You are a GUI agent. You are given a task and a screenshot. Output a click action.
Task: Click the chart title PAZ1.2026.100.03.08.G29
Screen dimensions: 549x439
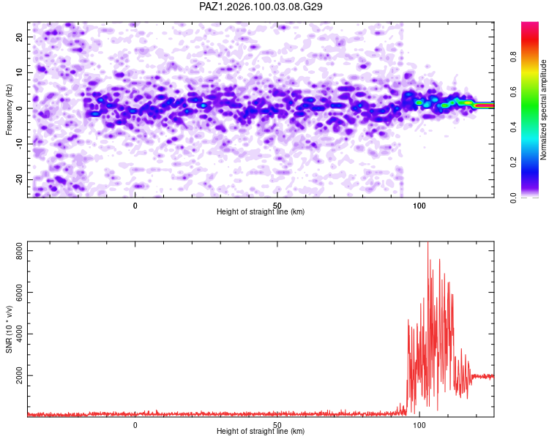(x=261, y=7)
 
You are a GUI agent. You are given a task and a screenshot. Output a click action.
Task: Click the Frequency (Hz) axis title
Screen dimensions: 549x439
(x=9, y=110)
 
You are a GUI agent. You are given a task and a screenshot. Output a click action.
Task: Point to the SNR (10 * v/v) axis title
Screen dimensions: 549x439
(x=9, y=329)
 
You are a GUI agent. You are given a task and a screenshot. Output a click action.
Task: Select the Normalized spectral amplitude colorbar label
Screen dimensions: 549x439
(x=543, y=110)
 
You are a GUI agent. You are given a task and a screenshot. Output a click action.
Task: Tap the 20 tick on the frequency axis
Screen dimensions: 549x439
(x=19, y=37)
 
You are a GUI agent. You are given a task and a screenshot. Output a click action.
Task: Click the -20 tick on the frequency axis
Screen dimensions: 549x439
(x=19, y=180)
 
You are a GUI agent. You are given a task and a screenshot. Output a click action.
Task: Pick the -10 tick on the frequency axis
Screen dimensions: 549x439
(x=19, y=144)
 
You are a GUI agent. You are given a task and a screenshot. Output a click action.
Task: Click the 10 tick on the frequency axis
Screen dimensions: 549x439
(x=19, y=73)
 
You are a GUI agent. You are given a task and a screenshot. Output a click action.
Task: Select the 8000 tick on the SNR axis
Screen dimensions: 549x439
(x=19, y=251)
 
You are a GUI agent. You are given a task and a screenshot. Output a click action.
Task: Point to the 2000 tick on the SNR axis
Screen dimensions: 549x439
(x=19, y=375)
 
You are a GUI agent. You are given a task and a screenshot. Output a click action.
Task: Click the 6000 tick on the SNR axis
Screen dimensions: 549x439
(x=19, y=293)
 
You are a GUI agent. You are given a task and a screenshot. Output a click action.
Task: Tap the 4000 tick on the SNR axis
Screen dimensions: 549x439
(x=19, y=334)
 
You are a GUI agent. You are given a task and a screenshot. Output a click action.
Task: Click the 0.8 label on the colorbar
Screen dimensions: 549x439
(x=513, y=57)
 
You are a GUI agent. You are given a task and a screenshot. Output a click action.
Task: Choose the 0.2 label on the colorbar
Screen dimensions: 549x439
(x=513, y=162)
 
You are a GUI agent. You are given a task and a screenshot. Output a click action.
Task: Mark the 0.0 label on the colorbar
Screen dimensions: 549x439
(x=513, y=198)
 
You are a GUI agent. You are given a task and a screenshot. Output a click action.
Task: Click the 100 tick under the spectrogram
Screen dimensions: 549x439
(x=419, y=206)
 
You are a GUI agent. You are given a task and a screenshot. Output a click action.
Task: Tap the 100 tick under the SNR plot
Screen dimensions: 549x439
(x=419, y=425)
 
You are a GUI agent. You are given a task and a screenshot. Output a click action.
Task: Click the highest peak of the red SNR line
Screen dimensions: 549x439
(x=427, y=243)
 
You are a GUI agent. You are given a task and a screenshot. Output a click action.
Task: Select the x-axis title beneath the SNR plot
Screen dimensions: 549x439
(x=261, y=431)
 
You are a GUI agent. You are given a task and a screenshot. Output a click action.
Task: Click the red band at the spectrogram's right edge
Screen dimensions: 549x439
(x=485, y=105)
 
